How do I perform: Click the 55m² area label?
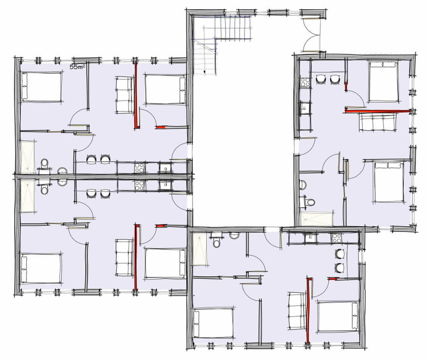[78, 67]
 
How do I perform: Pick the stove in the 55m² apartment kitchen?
[140, 168]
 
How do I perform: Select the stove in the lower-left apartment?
[140, 185]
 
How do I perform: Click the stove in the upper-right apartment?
[305, 83]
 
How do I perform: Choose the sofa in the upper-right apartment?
[378, 122]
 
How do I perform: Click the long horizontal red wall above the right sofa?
[378, 111]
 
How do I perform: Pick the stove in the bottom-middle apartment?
[336, 238]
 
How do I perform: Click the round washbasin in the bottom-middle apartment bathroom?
[234, 235]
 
